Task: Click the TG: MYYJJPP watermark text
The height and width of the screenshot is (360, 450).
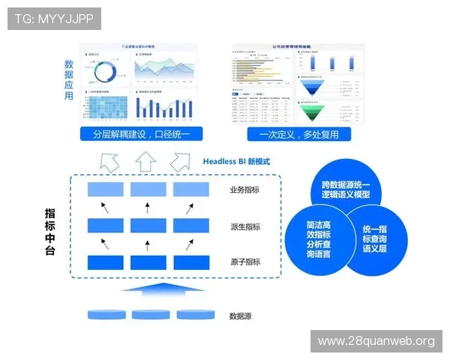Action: [x=54, y=19]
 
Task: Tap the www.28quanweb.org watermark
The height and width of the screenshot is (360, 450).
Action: [x=376, y=341]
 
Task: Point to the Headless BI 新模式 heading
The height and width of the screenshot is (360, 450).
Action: [x=236, y=160]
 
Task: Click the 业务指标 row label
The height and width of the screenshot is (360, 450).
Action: [x=245, y=190]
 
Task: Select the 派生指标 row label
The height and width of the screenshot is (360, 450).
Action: [x=245, y=226]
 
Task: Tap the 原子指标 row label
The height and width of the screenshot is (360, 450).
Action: [x=245, y=262]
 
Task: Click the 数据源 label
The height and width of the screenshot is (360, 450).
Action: [x=240, y=316]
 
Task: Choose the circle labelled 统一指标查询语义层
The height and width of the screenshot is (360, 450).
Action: [x=375, y=237]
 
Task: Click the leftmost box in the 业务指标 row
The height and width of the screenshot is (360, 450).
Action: [x=105, y=190]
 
